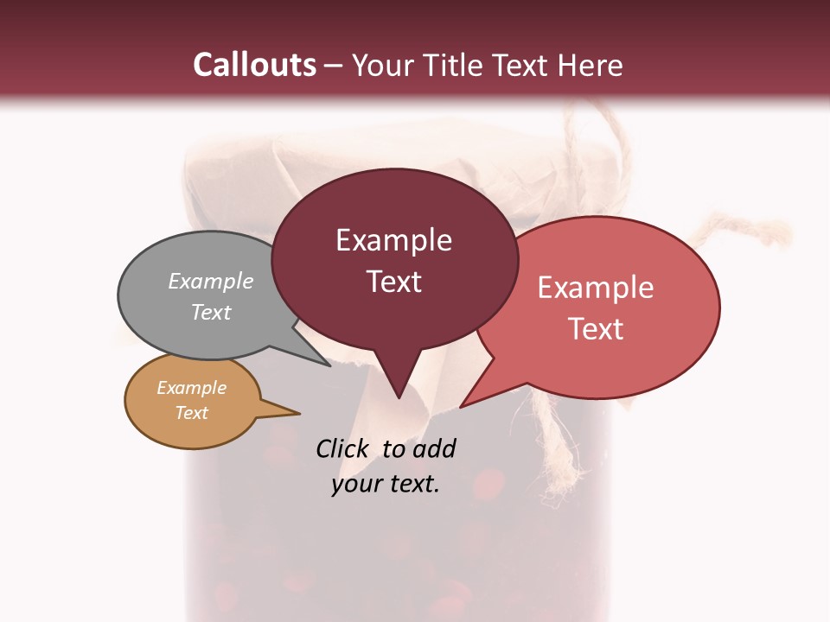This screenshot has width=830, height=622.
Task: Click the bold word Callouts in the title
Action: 255,65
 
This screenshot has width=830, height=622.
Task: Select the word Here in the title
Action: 591,65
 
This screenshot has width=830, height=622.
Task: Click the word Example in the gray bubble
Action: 210,281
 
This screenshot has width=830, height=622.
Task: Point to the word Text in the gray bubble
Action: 210,312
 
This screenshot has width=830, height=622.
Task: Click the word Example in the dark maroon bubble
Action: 393,240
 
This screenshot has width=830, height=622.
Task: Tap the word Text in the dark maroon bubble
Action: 393,282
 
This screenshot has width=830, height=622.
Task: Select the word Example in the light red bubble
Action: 596,288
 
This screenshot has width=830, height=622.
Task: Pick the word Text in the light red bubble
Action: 596,329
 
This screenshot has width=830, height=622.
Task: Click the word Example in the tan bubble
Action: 191,388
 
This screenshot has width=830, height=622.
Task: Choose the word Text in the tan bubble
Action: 191,413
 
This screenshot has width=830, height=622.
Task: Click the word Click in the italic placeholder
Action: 342,448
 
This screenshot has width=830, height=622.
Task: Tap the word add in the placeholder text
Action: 434,448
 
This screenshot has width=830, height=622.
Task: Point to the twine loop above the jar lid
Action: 605,130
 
